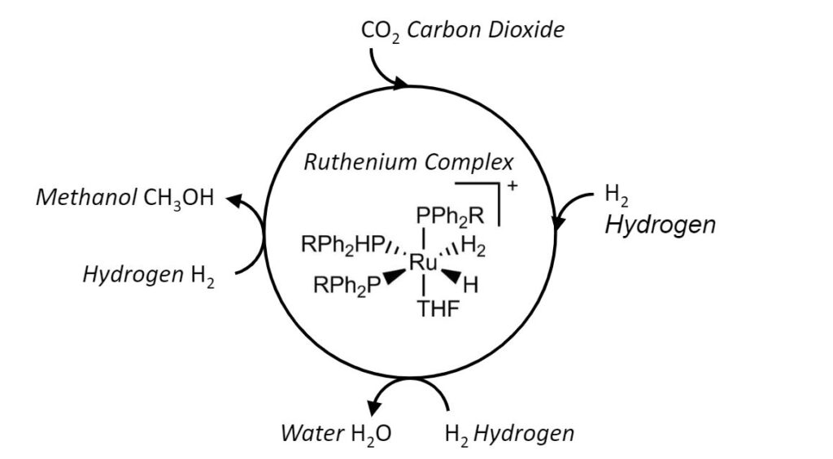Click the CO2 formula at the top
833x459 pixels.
point(380,32)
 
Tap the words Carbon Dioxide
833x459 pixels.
point(486,31)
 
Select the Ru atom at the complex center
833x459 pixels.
point(423,262)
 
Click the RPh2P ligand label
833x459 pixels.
point(347,286)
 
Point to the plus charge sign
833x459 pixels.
point(512,186)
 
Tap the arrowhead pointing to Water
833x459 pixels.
point(376,409)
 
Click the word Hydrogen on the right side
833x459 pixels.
point(660,224)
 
